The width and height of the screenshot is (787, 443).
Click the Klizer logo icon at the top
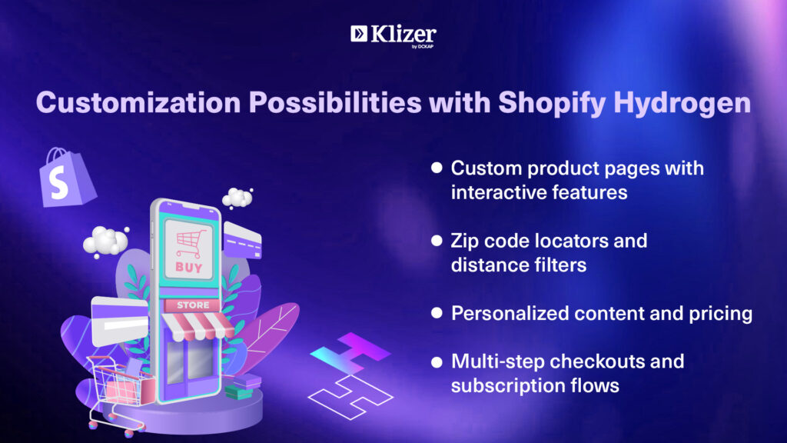pos(359,34)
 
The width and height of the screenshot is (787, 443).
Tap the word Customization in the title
pos(138,102)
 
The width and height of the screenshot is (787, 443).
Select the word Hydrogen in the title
pos(682,104)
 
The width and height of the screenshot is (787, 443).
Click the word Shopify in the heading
pos(552,104)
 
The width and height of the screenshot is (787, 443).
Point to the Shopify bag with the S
pos(66,178)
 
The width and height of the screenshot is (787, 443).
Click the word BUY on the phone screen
pos(189,267)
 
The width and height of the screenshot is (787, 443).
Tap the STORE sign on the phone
pos(193,305)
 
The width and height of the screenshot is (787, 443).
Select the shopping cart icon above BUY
pos(191,244)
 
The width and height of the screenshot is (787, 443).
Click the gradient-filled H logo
pos(350,352)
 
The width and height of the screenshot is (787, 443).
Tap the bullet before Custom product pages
pos(437,168)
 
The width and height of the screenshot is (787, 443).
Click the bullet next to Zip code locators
pos(437,241)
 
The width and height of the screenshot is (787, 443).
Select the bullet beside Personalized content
pos(437,313)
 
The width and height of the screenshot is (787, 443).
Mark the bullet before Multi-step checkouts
pos(437,361)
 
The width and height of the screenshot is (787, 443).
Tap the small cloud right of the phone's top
pos(237,198)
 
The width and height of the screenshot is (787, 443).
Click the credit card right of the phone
pos(242,240)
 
